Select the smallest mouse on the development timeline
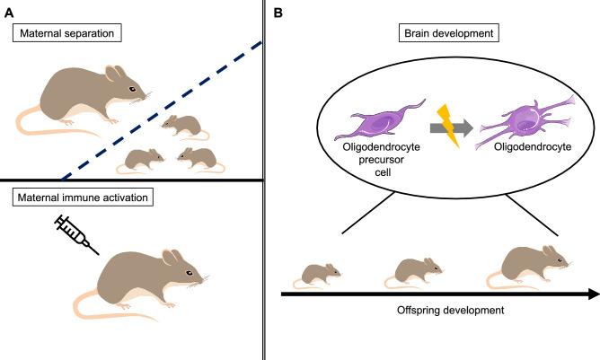point(319,272)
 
